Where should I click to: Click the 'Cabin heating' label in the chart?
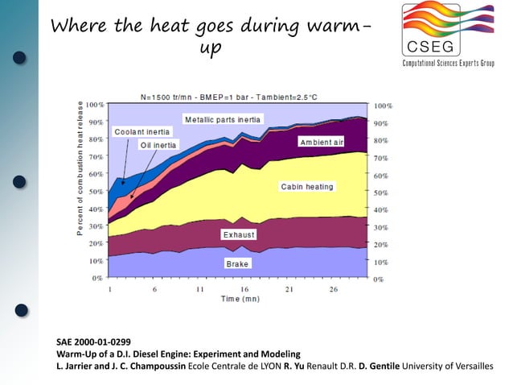click(306, 187)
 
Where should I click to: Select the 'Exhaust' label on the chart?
click(239, 234)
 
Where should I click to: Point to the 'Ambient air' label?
click(322, 142)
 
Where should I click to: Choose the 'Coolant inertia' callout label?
click(141, 131)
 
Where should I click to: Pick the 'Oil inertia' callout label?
click(158, 145)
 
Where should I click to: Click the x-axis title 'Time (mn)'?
click(240, 299)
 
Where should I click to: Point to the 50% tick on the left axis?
click(95, 191)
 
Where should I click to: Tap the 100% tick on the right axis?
click(384, 106)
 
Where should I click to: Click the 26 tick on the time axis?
click(333, 288)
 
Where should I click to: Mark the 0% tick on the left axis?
click(97, 278)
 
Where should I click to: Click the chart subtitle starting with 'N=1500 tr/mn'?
click(228, 97)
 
